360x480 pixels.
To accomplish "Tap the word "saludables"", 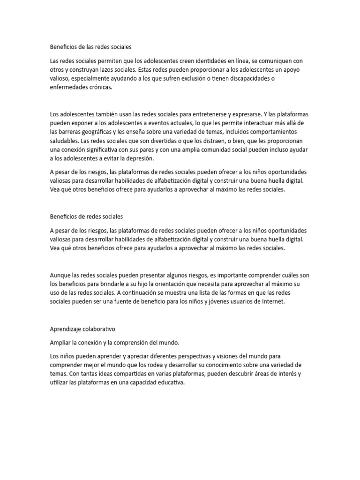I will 64,141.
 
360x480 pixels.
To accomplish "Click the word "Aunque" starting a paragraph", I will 60,275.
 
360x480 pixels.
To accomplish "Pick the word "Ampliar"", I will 60,343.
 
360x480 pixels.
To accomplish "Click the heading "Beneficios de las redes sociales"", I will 91,47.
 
